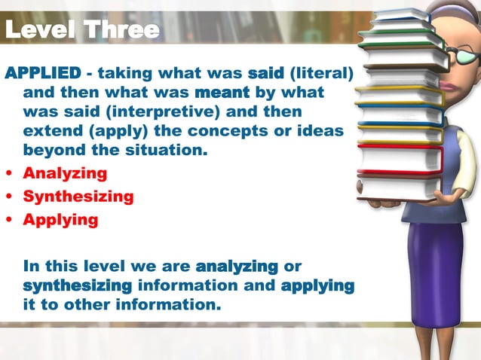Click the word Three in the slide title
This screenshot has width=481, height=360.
121,29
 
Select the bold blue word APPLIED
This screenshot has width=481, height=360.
43,73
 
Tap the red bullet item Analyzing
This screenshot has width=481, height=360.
65,172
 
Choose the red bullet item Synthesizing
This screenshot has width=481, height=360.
78,197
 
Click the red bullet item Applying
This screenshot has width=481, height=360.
60,220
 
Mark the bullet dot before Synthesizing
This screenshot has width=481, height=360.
8,197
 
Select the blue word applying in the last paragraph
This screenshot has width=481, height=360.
317,285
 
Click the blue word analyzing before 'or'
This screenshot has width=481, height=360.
237,266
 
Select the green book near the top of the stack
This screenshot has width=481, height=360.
400,44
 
